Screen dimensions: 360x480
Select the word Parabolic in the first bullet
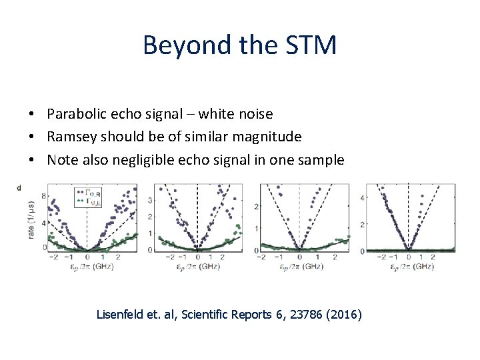75,114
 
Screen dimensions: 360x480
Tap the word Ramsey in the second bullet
69,137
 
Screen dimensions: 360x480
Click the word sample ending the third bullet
323,159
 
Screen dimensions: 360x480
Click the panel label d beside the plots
19,188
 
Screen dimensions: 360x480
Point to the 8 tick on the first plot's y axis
44,196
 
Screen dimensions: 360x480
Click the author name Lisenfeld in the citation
122,313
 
